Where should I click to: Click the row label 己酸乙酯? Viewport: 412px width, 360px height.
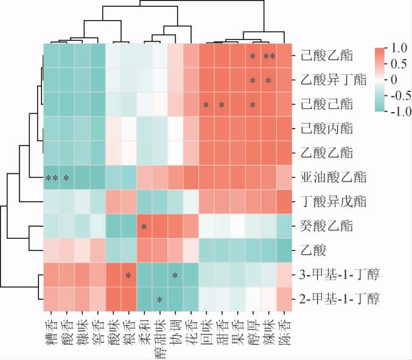tap(326, 57)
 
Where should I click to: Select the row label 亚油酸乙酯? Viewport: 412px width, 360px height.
tap(332, 178)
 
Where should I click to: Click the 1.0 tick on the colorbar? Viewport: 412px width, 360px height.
tap(399, 48)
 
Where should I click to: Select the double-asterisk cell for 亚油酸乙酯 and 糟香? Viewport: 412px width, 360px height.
tap(51, 178)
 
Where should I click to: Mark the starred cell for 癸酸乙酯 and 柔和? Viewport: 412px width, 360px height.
tap(144, 227)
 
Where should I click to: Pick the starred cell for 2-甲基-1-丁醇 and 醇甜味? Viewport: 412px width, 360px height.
tap(159, 299)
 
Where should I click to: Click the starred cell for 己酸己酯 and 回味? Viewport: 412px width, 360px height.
tap(206, 105)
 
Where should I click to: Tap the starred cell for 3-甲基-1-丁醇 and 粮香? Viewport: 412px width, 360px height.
tap(128, 275)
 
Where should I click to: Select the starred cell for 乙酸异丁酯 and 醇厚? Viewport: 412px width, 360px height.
tap(253, 80)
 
